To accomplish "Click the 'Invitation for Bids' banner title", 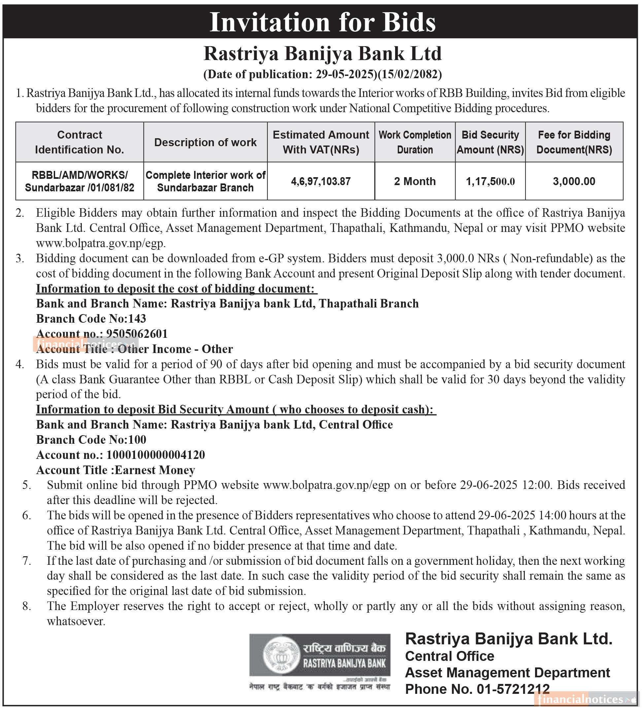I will [322, 22].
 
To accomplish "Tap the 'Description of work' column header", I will [205, 142].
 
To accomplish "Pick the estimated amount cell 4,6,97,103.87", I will [321, 181].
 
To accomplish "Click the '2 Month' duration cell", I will [415, 181].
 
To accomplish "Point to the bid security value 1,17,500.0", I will [490, 181].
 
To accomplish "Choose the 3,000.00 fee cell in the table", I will [574, 181].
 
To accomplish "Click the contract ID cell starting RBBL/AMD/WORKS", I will [80, 181].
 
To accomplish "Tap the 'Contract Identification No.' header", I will [80, 142].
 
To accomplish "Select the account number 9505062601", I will [137, 334].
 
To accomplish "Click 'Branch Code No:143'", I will [91, 318].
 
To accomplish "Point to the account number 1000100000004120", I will [155, 455].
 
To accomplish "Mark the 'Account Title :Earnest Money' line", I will [116, 470].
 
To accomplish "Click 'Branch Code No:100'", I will [91, 439].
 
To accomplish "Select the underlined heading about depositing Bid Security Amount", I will [236, 409].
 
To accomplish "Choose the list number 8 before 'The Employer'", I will [26, 606].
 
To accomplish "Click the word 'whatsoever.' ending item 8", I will [76, 621].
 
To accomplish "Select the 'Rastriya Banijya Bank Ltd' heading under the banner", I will [322, 54].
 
